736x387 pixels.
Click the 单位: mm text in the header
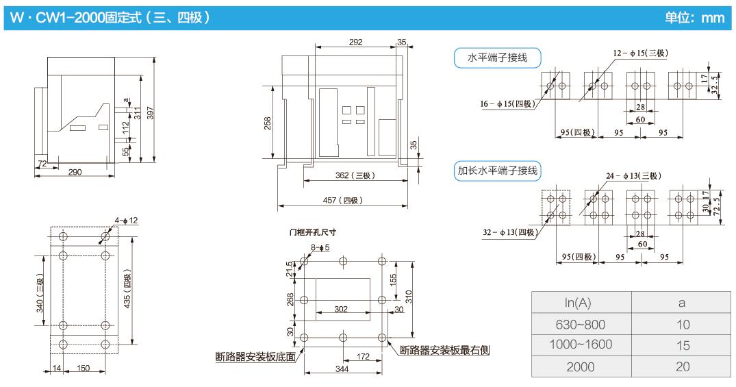[694, 18]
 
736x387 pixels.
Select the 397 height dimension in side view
[151, 113]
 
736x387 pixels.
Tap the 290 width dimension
[75, 172]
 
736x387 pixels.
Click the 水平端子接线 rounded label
[497, 58]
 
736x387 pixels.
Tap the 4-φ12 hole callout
[127, 220]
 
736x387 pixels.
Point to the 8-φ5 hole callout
[320, 247]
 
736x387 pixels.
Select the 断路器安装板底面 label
[255, 355]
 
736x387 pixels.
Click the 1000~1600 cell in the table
[581, 345]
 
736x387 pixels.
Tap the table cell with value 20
[682, 366]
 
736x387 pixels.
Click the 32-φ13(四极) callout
[508, 232]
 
